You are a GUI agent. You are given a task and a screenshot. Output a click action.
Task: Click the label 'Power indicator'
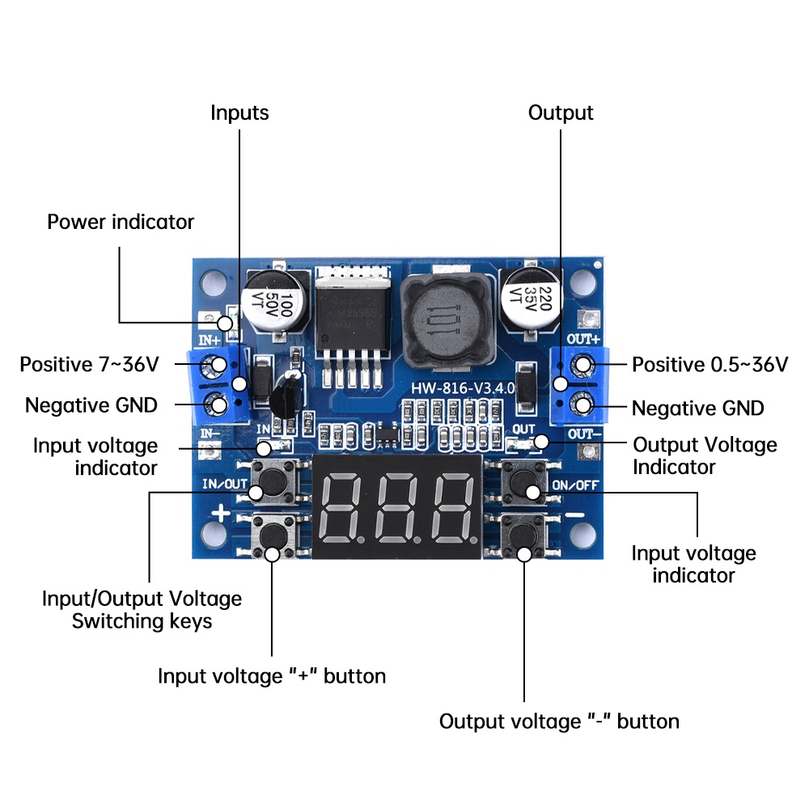(121, 222)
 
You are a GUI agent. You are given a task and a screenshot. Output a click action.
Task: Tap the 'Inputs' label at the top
(239, 113)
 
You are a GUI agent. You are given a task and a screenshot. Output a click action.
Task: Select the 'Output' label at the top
(561, 113)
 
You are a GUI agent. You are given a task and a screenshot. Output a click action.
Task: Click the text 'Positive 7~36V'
(89, 365)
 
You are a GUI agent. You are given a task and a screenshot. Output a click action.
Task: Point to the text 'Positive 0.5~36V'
(709, 365)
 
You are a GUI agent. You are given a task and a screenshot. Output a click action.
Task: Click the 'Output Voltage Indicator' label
(705, 455)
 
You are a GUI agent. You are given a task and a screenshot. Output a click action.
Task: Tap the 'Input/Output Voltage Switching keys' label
(142, 610)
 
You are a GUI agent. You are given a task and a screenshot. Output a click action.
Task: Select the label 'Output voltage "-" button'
(559, 721)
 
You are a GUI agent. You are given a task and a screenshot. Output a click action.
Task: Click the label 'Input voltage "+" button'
(272, 676)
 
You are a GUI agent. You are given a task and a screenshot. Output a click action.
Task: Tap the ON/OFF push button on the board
(522, 484)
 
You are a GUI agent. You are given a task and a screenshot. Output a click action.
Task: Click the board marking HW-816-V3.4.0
(460, 388)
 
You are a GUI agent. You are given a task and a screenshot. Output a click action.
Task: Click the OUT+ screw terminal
(583, 366)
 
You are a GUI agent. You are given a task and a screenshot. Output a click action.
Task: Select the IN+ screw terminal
(216, 366)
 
